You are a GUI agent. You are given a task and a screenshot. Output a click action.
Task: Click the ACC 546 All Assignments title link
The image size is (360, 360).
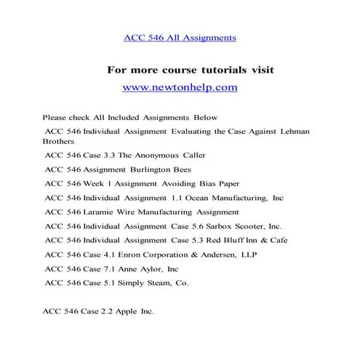tap(180, 36)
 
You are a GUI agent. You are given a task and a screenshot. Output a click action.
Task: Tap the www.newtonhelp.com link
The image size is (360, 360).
tap(180, 87)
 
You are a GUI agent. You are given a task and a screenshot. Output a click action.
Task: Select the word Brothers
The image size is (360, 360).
tap(59, 143)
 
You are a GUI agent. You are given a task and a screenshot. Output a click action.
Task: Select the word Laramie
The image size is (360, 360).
tap(98, 212)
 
